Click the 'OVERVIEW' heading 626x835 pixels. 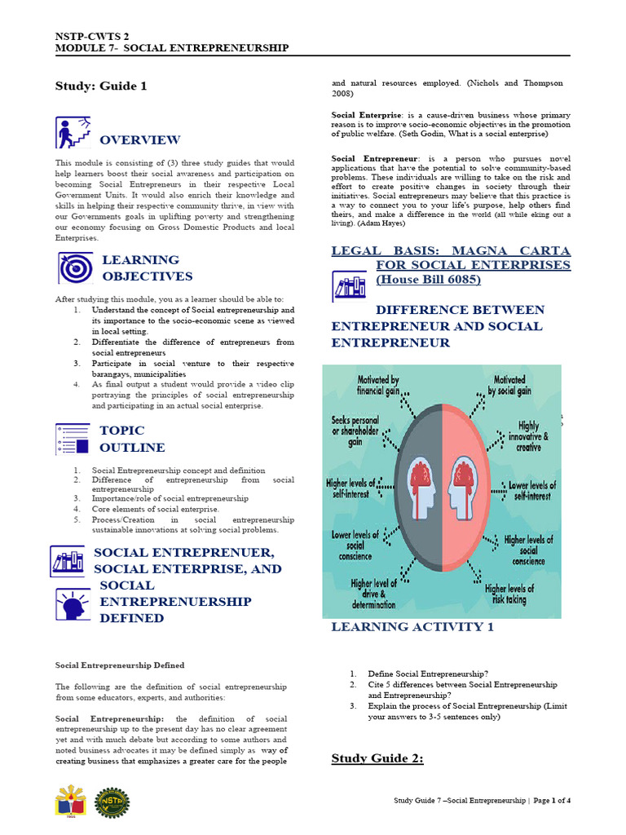(139, 140)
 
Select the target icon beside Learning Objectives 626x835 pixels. (74, 267)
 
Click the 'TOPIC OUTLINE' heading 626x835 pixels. (131, 439)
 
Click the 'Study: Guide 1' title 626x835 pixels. (101, 86)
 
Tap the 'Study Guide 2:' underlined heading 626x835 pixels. (377, 758)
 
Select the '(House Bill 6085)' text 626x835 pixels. (428, 280)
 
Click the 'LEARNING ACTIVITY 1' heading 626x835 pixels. (412, 627)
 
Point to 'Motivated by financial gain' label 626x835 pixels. (377, 386)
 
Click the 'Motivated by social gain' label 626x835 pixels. (509, 386)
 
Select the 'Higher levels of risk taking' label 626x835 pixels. (509, 594)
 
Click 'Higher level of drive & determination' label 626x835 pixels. (374, 594)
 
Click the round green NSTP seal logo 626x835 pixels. (112, 802)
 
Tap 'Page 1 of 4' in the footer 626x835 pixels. (552, 801)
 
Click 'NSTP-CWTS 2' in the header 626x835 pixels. (92, 37)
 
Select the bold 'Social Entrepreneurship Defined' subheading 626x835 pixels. (119, 665)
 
